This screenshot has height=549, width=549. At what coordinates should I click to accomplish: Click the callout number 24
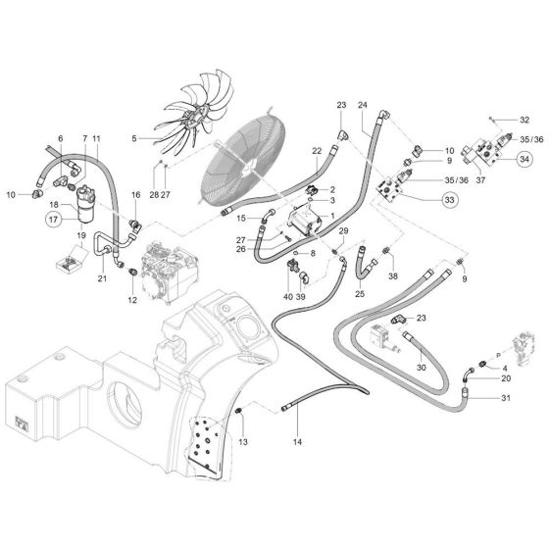point(363,105)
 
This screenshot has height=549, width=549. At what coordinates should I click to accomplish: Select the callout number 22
point(317,150)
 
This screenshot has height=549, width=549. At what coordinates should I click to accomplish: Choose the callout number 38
point(392,277)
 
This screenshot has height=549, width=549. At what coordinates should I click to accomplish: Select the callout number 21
point(101,278)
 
